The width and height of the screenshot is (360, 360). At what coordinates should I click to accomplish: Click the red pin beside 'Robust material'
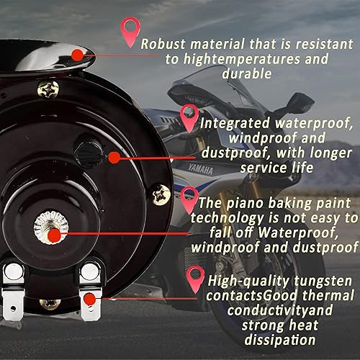coord(130,30)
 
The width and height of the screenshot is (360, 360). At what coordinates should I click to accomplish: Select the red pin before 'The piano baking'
coord(189,197)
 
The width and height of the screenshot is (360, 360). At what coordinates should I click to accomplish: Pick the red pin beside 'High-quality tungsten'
coord(194,277)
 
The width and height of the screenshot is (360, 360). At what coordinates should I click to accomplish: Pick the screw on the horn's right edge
coord(161,193)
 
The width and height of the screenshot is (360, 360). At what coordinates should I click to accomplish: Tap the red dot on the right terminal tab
coord(89,297)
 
